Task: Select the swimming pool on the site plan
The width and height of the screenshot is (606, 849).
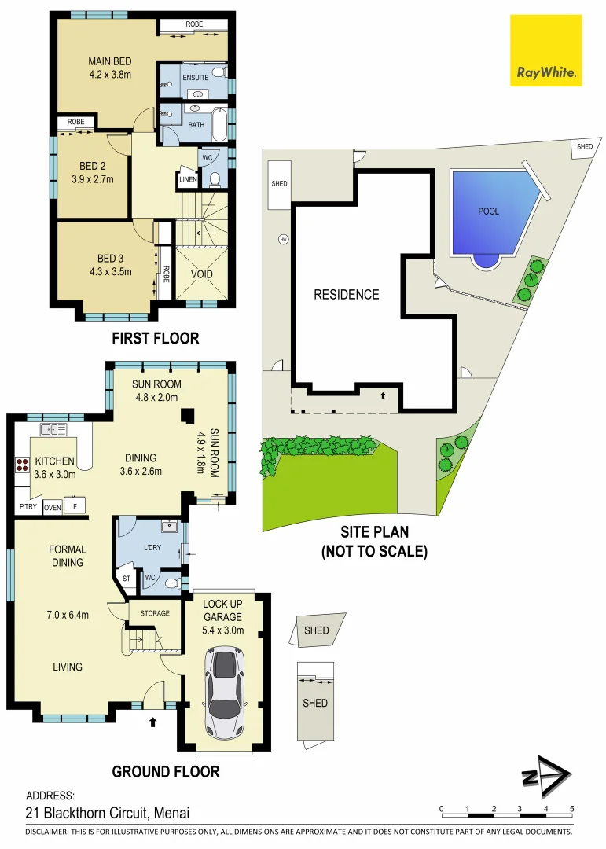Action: (x=490, y=214)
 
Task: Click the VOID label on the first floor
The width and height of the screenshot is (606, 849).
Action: (x=202, y=274)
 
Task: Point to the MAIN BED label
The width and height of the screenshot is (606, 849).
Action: (x=109, y=62)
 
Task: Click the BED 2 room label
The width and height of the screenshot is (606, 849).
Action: (x=93, y=166)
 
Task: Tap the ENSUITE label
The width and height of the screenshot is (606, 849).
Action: (x=196, y=78)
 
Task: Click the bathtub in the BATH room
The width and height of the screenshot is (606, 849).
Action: (x=219, y=124)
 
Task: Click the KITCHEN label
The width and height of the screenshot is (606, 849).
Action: (x=54, y=461)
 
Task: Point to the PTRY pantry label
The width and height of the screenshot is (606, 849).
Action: (x=27, y=507)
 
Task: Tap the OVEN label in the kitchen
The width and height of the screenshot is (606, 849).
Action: (x=52, y=507)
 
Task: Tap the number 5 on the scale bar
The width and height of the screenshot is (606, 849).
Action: (x=571, y=809)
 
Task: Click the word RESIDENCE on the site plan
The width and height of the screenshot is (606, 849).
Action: (x=346, y=295)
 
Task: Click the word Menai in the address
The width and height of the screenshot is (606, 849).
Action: (x=171, y=813)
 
